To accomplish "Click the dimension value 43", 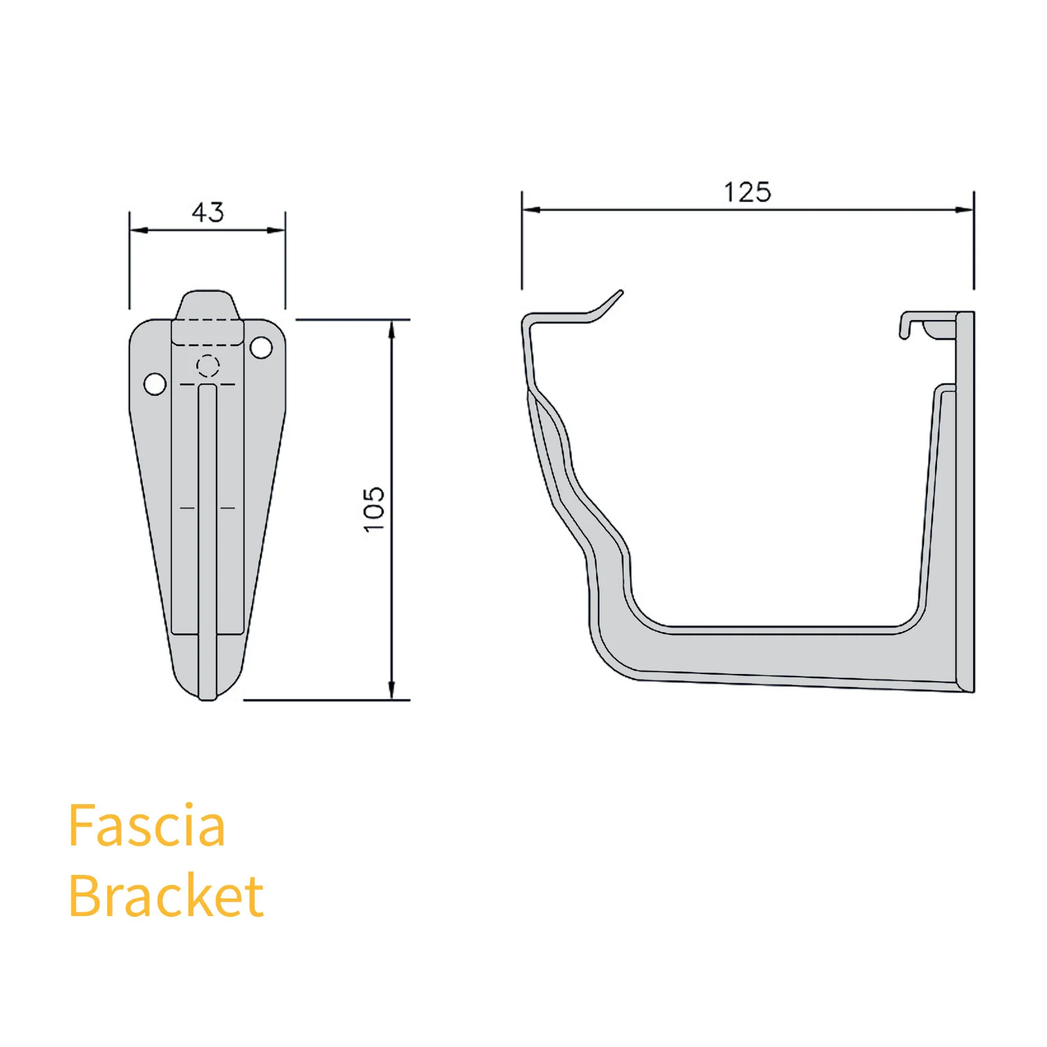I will coord(207,212).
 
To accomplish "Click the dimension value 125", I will coord(747,192).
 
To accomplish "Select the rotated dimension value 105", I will coord(374,509).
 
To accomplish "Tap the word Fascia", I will coord(147,826).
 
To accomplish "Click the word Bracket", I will coord(166,896).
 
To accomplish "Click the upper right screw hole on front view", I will coord(261,347).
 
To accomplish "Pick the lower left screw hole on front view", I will coord(155,384).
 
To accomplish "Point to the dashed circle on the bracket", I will coord(208,366).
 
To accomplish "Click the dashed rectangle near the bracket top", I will coord(207,332).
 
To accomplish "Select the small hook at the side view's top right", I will coord(905,327).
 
